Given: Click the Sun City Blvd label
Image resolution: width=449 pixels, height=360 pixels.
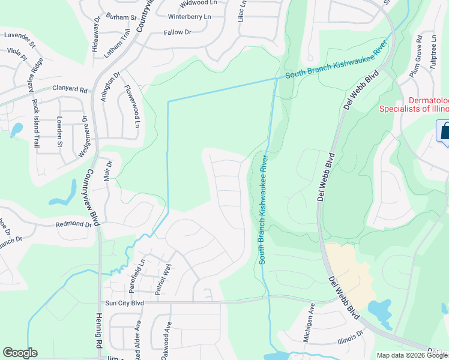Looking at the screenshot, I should (124, 304).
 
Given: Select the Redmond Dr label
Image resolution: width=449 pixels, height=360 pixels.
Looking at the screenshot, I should (73, 224).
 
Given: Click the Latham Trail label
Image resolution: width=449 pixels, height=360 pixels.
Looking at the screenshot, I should (117, 44).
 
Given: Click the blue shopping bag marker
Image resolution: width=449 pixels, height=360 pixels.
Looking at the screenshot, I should (445, 131).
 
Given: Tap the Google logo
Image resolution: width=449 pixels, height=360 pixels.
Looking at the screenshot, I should (20, 353).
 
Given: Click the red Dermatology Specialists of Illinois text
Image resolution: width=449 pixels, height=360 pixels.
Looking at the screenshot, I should (414, 104).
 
